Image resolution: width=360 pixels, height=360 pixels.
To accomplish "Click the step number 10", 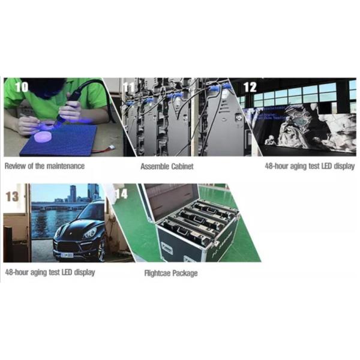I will tap(21, 86).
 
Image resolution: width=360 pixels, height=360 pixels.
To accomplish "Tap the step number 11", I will tap(130, 87).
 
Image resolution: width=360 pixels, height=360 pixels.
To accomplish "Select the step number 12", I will tap(250, 87).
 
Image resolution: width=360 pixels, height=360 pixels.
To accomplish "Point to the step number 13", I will tap(12, 196).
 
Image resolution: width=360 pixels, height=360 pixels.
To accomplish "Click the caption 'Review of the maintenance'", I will tap(44, 166).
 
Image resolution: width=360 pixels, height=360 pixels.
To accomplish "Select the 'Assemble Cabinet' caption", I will tap(167, 166).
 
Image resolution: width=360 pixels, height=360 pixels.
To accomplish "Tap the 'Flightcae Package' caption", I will tap(170, 274).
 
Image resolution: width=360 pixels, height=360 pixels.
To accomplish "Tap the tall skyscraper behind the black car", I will tap(73, 193).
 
